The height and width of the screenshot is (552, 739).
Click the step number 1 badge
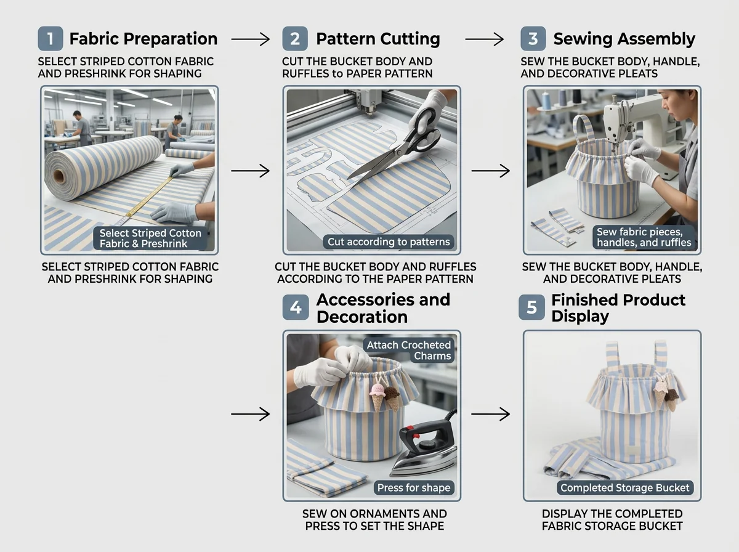tap(50, 38)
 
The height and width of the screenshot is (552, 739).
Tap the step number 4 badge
tap(295, 307)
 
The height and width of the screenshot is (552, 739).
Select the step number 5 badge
tap(531, 307)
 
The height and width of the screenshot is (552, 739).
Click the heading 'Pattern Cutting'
tap(378, 39)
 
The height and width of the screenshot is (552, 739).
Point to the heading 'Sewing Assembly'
tap(624, 39)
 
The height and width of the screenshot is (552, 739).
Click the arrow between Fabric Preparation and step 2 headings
tap(250, 39)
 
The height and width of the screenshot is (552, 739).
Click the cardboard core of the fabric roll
tap(59, 176)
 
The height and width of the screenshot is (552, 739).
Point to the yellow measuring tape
tap(148, 197)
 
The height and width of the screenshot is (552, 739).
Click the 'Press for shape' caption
tap(414, 487)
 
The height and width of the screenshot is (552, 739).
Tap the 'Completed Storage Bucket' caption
tap(625, 487)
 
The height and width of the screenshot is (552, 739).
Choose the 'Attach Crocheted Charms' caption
tap(409, 351)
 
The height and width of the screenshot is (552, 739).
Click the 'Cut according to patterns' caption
tap(389, 241)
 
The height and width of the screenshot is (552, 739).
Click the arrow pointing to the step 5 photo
tap(491, 414)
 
